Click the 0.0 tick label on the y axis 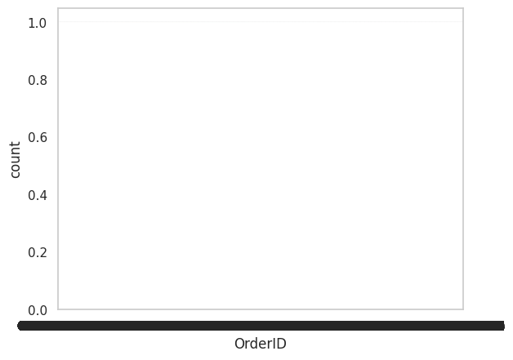pos(38,309)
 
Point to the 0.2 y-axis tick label pos(38,252)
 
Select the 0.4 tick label pos(38,195)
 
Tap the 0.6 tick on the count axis pos(38,137)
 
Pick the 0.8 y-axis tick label pos(38,80)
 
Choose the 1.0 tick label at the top pos(38,23)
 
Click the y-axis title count pos(16,159)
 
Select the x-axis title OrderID pos(260,344)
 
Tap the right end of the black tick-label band pos(501,326)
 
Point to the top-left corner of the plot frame pos(59,9)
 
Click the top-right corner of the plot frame pos(463,9)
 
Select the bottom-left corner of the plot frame pos(59,309)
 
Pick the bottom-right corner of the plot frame pos(463,309)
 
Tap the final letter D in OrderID pos(281,344)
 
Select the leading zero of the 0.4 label pos(31,195)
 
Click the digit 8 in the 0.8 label pos(43,80)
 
